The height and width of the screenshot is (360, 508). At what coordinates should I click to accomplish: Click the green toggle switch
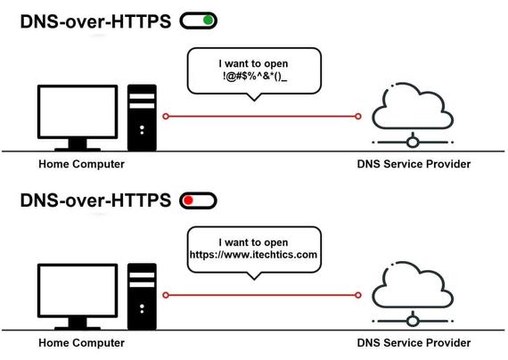tap(198, 20)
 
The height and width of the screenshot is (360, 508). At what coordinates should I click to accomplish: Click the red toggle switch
tap(198, 200)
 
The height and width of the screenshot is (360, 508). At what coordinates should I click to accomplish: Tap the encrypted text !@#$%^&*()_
tap(255, 77)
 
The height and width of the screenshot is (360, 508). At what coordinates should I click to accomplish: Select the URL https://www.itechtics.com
tap(253, 254)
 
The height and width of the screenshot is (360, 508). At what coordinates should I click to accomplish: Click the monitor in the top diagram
tap(78, 118)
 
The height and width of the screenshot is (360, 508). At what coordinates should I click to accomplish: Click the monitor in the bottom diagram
tap(78, 297)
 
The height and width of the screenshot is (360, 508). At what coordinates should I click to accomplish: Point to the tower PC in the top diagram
tap(142, 118)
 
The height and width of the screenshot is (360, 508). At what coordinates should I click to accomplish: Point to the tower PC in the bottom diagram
tap(142, 297)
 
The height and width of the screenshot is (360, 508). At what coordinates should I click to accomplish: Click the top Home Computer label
tap(82, 164)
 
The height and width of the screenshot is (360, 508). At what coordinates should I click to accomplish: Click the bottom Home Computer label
tap(82, 343)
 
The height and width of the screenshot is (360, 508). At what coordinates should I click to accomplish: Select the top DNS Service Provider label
tap(414, 164)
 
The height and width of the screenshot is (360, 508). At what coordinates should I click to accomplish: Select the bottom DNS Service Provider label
tap(414, 343)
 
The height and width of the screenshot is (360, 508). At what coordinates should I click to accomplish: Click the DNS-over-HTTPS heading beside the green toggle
tap(95, 21)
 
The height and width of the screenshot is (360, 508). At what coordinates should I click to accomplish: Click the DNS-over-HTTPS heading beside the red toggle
tap(95, 200)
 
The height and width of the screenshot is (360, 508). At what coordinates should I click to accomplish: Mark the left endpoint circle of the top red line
tap(166, 117)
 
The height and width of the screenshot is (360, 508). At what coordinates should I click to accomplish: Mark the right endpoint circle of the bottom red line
tap(358, 295)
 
